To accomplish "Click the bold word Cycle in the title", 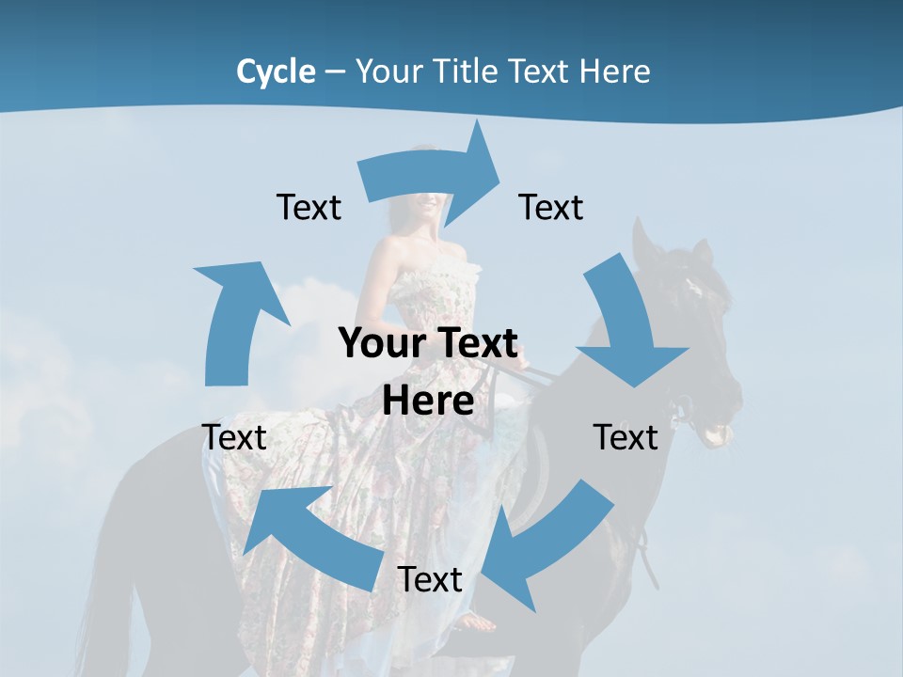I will tap(276, 71).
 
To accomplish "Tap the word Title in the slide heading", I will tap(469, 71).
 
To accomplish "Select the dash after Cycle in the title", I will tap(335, 71).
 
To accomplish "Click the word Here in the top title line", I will tap(610, 71).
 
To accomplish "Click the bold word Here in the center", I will tap(428, 401).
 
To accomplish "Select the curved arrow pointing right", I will tap(433, 174).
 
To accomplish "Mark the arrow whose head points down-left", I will tap(546, 545).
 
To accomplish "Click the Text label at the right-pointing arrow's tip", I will tap(551, 207).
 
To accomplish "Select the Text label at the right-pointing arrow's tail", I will tap(309, 207).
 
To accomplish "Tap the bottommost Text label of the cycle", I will tap(430, 579).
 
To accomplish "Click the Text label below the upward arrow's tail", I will tap(234, 437).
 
